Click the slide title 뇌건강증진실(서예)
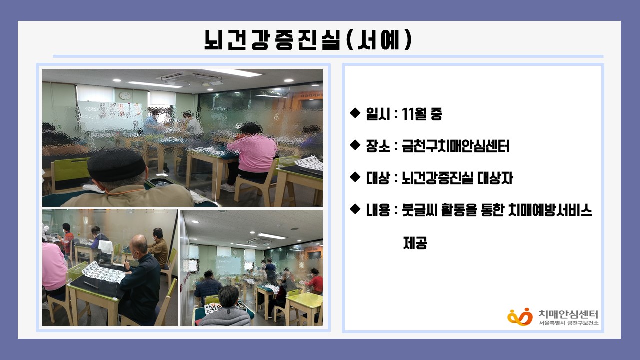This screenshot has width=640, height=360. tap(308, 40)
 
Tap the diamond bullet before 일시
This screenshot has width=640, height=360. tap(355, 113)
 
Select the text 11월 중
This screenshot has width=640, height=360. tap(422, 114)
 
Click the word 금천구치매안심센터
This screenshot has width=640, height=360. tap(455, 146)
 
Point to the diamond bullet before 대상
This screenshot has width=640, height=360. tap(355, 177)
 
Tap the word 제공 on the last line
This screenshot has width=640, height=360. tap(415, 243)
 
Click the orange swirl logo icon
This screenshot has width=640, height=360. tap(520, 317)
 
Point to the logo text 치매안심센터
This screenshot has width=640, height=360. tap(568, 314)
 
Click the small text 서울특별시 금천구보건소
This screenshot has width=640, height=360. tap(568, 323)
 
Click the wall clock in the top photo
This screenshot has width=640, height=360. tap(125, 95)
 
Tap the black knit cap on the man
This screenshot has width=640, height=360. tap(116, 165)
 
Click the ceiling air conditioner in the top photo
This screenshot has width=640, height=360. tap(192, 78)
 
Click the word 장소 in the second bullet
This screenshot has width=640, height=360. tap(378, 146)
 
